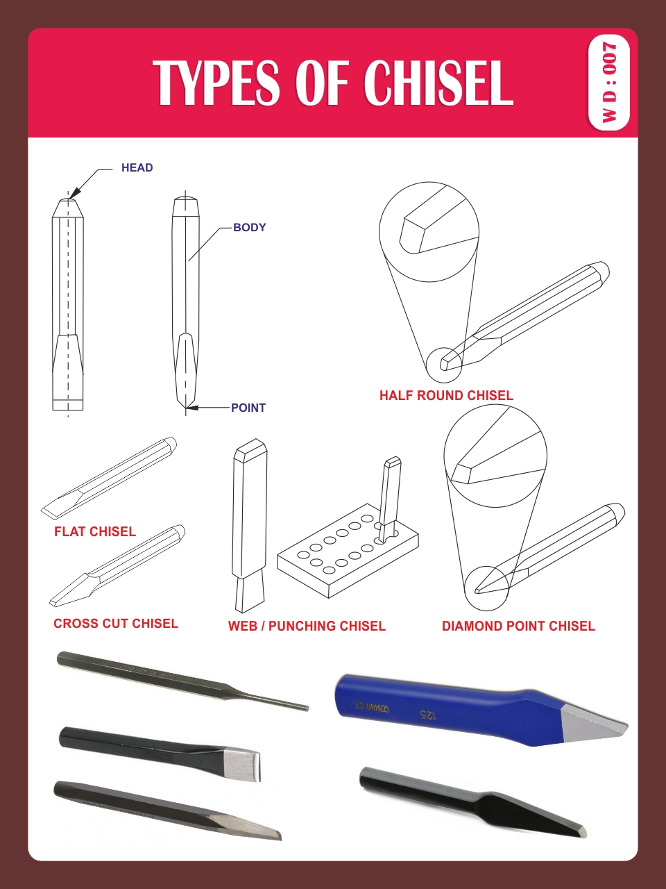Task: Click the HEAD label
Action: tap(137, 167)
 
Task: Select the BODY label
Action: tap(249, 227)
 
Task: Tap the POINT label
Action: tap(248, 408)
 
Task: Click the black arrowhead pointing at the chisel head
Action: tap(75, 192)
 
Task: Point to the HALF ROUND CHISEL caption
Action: tap(446, 395)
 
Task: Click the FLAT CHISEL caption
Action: tap(95, 531)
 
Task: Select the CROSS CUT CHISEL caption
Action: tap(116, 623)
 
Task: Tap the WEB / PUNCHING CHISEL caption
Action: tap(307, 626)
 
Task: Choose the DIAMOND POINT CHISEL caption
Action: tap(518, 626)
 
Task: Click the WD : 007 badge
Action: tap(608, 83)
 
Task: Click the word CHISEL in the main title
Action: tap(438, 83)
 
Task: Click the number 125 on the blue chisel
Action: tap(427, 714)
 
